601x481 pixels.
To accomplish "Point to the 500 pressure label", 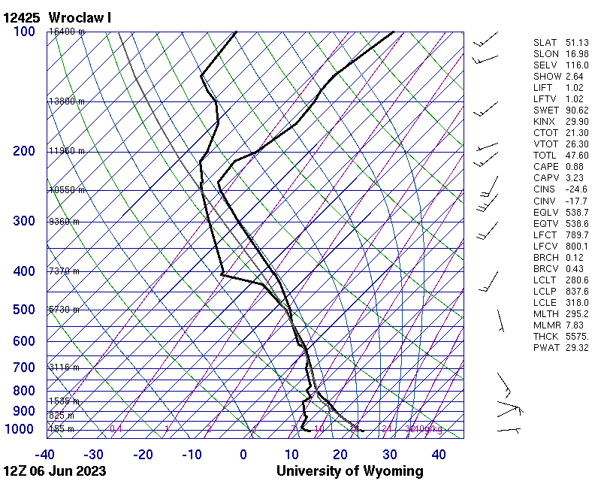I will [23, 310].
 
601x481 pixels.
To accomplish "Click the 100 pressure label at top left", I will [23, 32].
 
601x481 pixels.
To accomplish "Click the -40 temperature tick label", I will [45, 455].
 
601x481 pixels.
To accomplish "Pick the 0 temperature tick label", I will [243, 455].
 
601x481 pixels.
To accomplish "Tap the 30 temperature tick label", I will [389, 455].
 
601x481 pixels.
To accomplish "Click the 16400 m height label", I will [67, 32].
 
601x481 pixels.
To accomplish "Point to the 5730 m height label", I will [65, 310].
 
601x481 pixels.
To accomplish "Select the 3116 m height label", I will [65, 368].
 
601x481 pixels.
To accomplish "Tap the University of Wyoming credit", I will [349, 471].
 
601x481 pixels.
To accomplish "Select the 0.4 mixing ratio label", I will [116, 429].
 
